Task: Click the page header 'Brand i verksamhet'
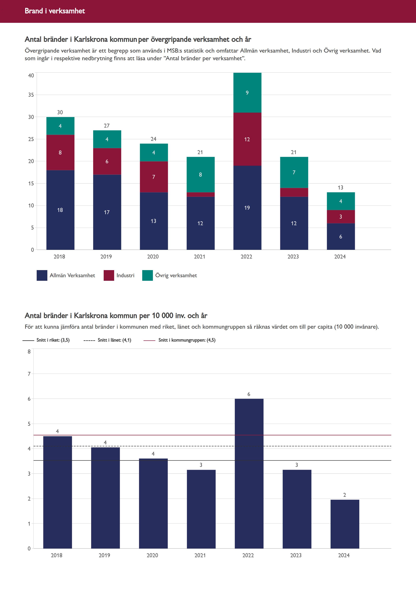click(55, 11)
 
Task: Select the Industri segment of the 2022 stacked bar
click(247, 139)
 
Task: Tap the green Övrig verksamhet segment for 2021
click(200, 175)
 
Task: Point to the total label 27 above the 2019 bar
click(107, 126)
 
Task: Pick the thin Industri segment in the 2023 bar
click(294, 192)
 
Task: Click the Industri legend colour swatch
click(109, 275)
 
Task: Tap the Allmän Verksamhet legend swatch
click(42, 275)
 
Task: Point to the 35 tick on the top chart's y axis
click(31, 95)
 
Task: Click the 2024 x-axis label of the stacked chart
click(340, 257)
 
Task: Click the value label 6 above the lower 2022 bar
click(249, 394)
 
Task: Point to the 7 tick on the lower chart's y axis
click(29, 374)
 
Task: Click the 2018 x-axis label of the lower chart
click(57, 555)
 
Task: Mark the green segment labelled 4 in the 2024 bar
click(341, 201)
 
